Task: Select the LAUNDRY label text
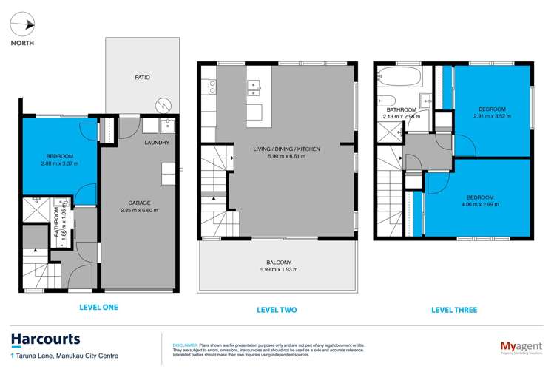(x=156, y=143)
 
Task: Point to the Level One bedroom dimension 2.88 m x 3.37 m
(x=59, y=164)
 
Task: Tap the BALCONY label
(x=278, y=262)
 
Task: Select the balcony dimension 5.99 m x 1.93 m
(x=278, y=269)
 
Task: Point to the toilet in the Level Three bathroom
(x=389, y=101)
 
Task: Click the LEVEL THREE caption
(x=454, y=310)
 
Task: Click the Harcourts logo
(x=46, y=339)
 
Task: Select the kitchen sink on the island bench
(x=255, y=89)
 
